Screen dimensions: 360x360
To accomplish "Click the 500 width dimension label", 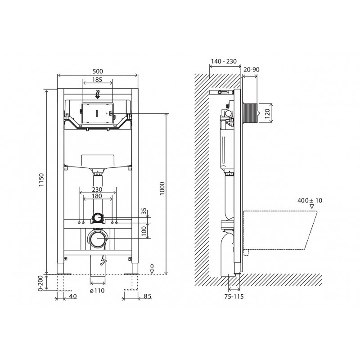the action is [x=98, y=72].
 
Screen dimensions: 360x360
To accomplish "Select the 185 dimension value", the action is [x=97, y=80].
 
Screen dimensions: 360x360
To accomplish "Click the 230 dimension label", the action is [x=97, y=189].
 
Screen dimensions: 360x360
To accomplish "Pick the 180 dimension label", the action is [x=97, y=196].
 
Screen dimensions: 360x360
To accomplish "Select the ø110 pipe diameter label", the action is [x=97, y=291].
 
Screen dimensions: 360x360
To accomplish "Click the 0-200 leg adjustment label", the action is [x=40, y=283].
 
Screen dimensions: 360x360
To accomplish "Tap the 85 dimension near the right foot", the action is [x=147, y=296].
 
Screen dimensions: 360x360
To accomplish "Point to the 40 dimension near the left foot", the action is [x=73, y=296].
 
